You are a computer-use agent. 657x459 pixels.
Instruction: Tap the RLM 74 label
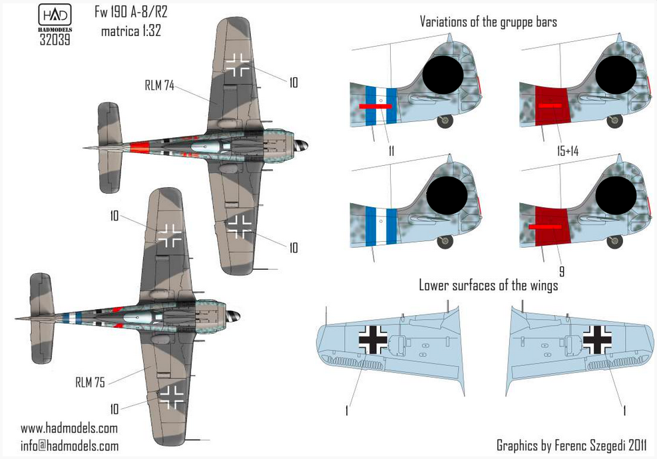point(159,85)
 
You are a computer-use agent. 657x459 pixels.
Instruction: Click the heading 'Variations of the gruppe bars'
point(488,22)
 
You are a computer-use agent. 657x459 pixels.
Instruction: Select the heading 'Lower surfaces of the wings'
point(488,286)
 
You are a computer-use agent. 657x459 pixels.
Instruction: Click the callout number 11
point(391,151)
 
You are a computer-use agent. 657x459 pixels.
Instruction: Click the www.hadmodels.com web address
point(69,428)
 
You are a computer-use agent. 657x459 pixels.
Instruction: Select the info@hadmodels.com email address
point(69,446)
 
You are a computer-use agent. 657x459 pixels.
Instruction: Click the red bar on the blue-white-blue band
point(375,106)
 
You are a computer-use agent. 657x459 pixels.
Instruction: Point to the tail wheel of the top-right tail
point(614,121)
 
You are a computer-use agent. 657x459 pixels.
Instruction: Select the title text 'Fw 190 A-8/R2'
point(130,12)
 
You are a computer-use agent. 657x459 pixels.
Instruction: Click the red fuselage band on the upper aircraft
point(139,148)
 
